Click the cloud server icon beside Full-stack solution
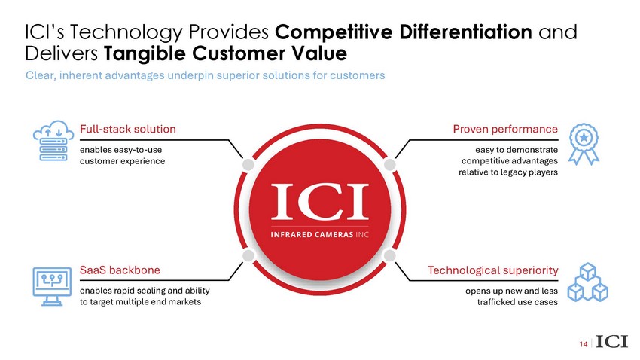point(53,140)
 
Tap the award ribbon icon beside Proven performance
point(584,144)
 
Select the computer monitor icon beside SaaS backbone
point(52,286)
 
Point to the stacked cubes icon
point(588,282)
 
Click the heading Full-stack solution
point(128,129)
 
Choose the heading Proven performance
point(505,129)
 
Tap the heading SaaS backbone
point(120,270)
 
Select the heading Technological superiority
point(492,270)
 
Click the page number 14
point(584,344)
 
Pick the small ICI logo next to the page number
point(611,341)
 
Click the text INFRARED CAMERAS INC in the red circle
point(319,235)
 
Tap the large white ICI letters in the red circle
point(319,202)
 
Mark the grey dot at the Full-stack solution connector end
point(248,164)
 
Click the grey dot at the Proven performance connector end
point(390,164)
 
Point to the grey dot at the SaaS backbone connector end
point(248,255)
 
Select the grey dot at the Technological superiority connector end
point(390,255)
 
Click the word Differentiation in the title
point(466,32)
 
